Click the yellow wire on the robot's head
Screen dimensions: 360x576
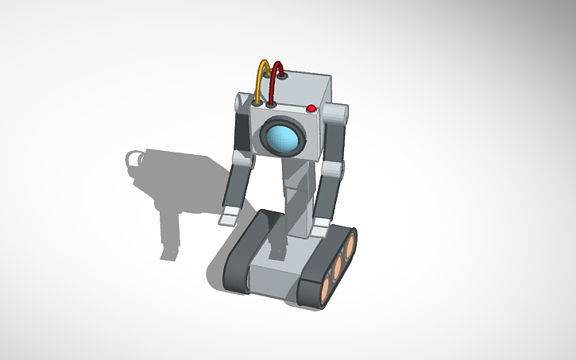point(257,76)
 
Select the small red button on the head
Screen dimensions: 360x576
point(311,108)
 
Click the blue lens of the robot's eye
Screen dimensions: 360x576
point(283,137)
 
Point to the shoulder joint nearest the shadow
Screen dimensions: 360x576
point(242,102)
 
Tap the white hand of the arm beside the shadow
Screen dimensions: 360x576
point(227,212)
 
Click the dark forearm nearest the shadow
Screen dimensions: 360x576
point(235,187)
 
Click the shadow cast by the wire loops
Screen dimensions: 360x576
point(134,159)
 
